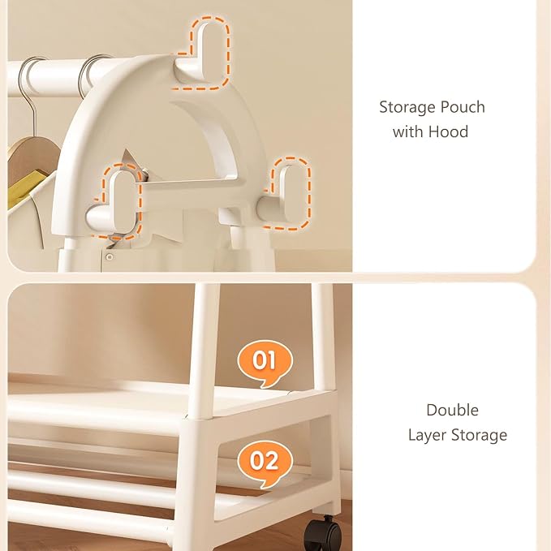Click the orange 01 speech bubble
265,363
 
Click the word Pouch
463,107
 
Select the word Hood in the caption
449,131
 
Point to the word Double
452,410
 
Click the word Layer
428,436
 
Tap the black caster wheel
323,532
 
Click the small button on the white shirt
110,257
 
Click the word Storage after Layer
480,436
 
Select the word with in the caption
407,131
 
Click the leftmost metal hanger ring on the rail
30,76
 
